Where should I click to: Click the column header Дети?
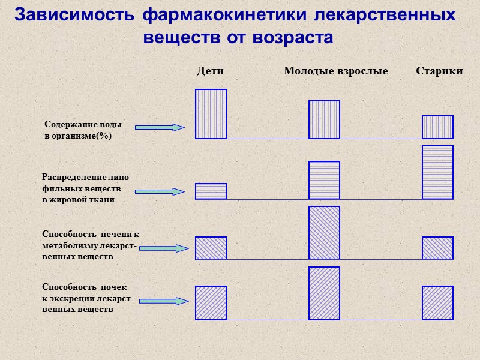[210, 71]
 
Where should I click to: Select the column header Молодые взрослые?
[335, 71]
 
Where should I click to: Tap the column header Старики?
[439, 71]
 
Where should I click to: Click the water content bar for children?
[211, 114]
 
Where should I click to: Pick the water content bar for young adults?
[324, 119]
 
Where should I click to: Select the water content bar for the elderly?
[437, 127]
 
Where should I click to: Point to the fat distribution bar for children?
[211, 191]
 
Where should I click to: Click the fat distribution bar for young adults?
[324, 180]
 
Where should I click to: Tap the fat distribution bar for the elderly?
[437, 172]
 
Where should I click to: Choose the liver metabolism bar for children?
[211, 248]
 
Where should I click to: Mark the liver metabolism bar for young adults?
[324, 233]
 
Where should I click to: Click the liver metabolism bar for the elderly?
[437, 248]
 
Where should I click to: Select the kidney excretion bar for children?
[211, 303]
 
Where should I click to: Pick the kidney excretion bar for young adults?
[324, 293]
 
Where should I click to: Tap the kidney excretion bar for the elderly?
[437, 303]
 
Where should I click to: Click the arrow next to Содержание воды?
[159, 127]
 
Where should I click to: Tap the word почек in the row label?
[113, 287]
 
